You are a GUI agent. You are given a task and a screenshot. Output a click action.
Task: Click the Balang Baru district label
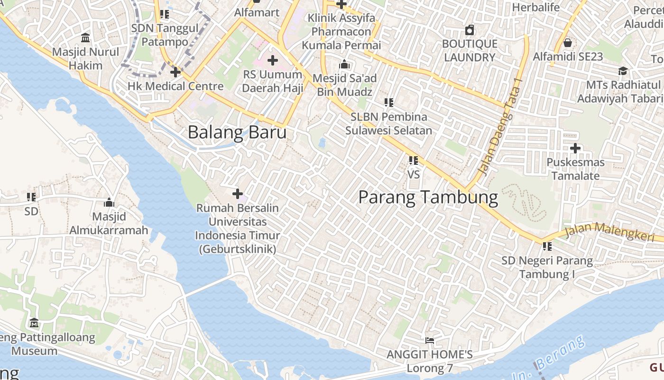[x=237, y=132]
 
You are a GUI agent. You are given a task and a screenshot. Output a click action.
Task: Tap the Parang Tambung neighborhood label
[x=428, y=197]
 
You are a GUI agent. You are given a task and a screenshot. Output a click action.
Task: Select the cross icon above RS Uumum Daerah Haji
[x=273, y=60]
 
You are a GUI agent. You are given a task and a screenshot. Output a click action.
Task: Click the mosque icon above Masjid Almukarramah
[x=109, y=203]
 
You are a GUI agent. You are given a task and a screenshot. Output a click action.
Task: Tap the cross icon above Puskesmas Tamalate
[x=575, y=148]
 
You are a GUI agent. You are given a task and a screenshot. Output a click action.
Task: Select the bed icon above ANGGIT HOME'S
[x=430, y=341]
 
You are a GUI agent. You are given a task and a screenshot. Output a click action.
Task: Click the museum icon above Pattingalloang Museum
[x=34, y=323]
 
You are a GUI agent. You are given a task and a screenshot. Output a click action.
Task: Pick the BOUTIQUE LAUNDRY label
[x=470, y=51]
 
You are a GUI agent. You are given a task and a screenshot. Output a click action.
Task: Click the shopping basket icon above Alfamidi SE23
[x=568, y=43]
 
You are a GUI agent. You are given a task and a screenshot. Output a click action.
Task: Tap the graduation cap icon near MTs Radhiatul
[x=623, y=71]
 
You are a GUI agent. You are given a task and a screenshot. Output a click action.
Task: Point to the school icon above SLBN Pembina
[x=389, y=102]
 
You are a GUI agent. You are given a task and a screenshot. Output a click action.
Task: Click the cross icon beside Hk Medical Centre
[x=175, y=72]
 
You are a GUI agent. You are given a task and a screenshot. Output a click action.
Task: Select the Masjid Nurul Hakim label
[x=86, y=58]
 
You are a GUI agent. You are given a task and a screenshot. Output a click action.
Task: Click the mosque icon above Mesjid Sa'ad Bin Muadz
[x=344, y=65]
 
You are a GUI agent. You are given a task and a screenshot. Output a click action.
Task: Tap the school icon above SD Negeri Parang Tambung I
[x=547, y=247]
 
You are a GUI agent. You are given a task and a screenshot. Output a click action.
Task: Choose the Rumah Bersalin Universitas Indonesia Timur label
[x=238, y=228]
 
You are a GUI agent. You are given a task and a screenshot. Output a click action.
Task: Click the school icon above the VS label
[x=414, y=161]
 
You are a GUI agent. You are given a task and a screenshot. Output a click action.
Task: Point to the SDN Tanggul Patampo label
[x=165, y=35]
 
